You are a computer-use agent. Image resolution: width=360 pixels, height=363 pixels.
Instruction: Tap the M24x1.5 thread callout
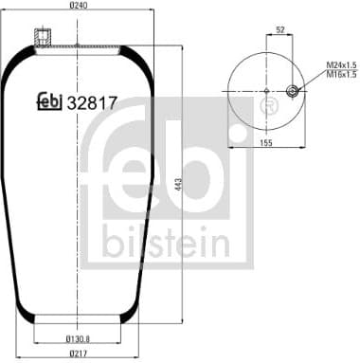(341, 64)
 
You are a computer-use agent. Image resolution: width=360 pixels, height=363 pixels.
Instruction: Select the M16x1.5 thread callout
(341, 74)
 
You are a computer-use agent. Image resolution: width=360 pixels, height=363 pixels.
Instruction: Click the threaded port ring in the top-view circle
(293, 92)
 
